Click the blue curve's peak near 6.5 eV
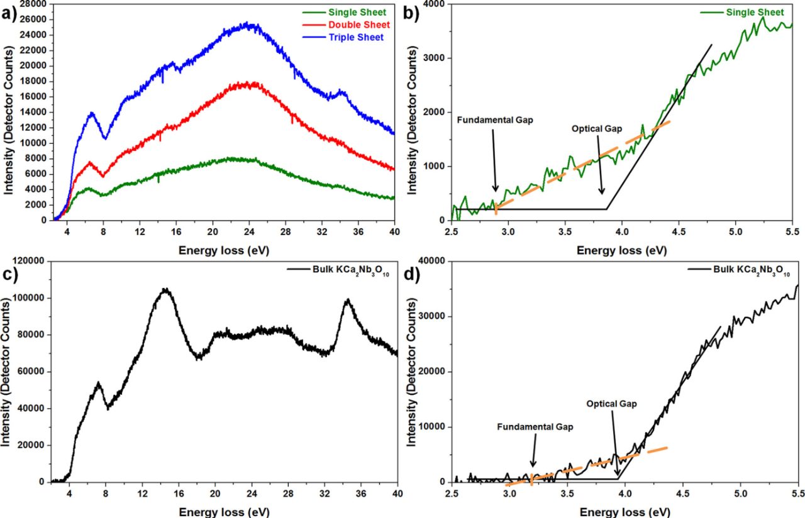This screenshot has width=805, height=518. click(92, 113)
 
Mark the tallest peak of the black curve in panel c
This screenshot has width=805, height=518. click(165, 290)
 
